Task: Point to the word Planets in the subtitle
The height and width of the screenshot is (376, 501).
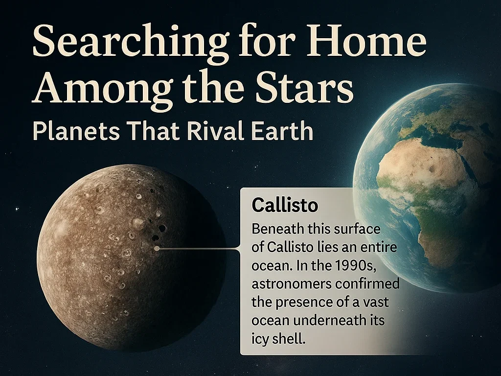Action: coord(76,131)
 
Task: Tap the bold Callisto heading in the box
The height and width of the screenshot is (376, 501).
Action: coord(285,205)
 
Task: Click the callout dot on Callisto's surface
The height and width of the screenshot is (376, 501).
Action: coord(157,248)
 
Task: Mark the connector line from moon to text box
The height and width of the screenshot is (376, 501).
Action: coord(198,248)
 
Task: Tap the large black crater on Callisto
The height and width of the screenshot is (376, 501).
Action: coord(162,228)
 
